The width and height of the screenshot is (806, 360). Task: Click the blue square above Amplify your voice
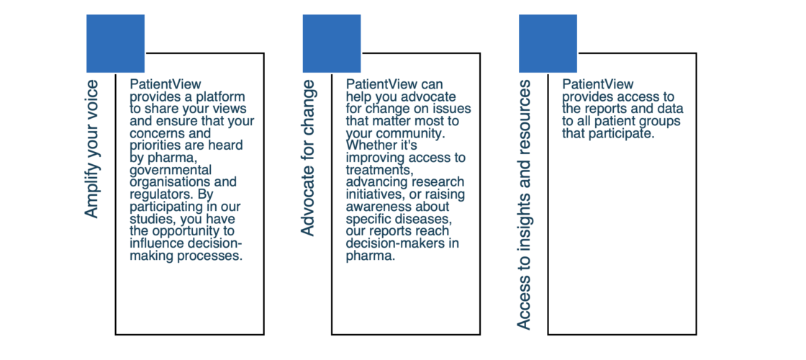point(115,43)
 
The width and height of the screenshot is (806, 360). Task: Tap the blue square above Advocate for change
point(332,43)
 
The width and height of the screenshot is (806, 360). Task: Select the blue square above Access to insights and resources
point(548,43)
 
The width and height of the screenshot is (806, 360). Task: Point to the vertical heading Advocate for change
point(307,158)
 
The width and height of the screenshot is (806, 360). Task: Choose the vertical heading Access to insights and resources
point(524,204)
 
